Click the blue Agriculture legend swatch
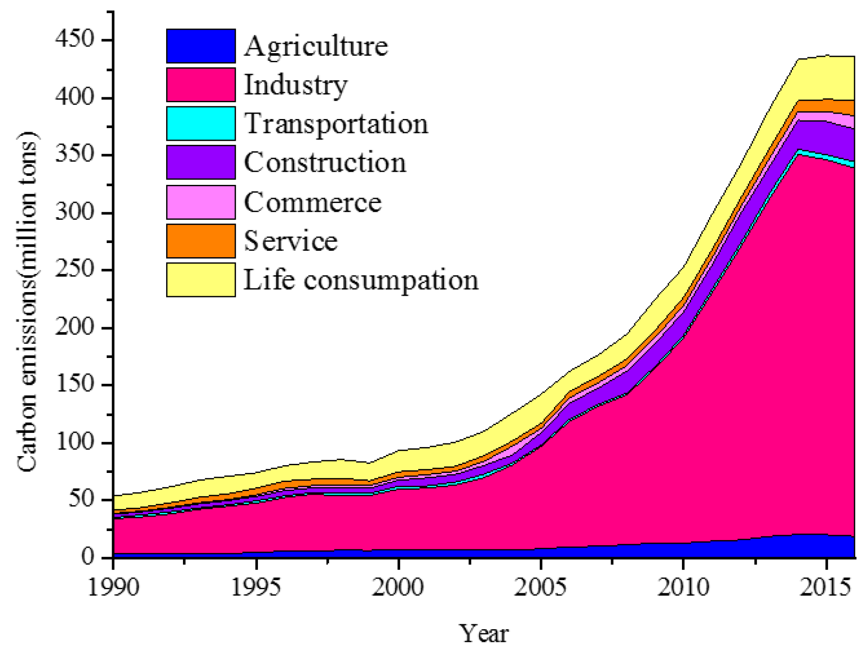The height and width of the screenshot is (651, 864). coord(201,46)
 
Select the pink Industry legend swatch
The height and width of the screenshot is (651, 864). coord(201,84)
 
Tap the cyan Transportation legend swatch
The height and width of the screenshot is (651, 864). coord(201,124)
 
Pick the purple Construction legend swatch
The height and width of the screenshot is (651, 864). coord(201,162)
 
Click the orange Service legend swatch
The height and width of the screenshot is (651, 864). coord(201,241)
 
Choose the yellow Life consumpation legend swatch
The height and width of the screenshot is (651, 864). coord(201,280)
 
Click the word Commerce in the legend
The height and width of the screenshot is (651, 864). coord(312,202)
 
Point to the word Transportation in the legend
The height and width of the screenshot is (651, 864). coord(336,124)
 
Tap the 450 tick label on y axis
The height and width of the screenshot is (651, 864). coord(74,39)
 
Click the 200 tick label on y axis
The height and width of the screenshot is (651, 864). coord(74,327)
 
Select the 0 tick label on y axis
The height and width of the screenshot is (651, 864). coord(88,557)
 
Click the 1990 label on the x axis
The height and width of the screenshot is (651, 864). coord(113,587)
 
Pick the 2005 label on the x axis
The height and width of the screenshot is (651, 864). coord(540,587)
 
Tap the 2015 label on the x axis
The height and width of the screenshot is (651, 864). coord(825,587)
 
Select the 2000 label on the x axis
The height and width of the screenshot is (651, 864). coord(398,587)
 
